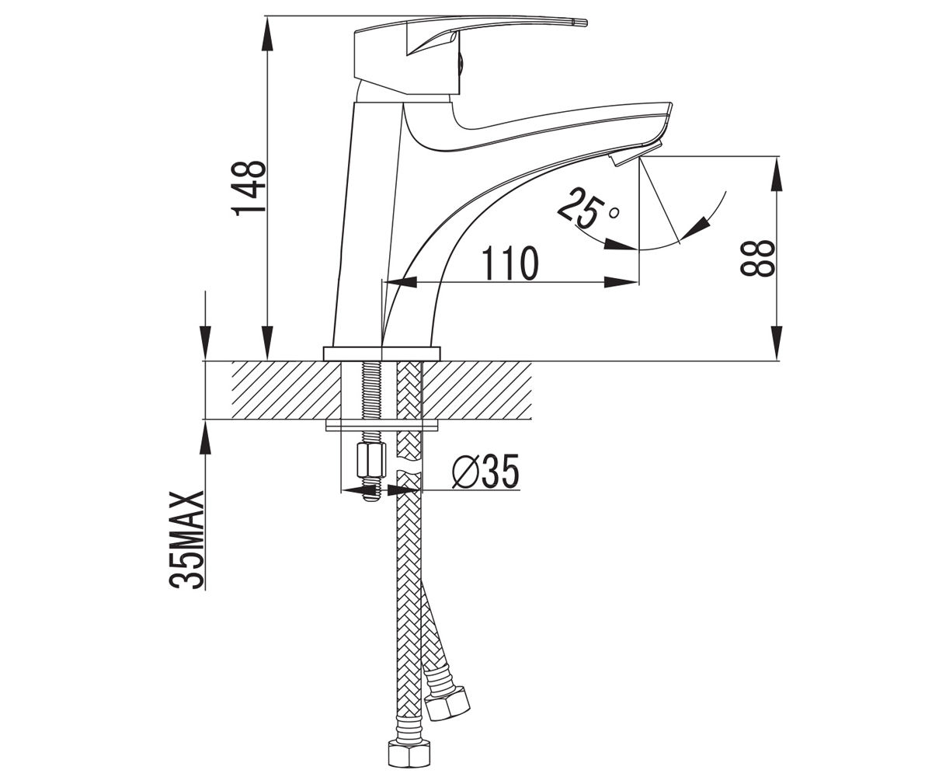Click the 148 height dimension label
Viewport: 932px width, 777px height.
pos(249,188)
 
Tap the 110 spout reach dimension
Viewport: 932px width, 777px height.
pos(511,263)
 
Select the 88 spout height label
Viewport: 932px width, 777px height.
pos(756,259)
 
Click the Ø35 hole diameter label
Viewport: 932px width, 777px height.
pos(485,472)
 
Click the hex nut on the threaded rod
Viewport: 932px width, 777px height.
pos(371,460)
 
